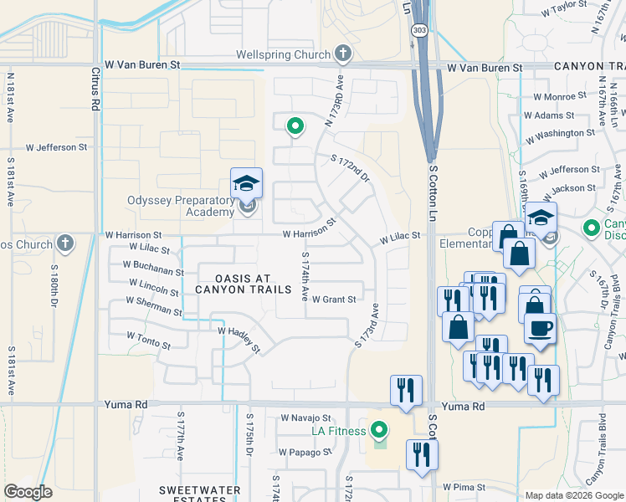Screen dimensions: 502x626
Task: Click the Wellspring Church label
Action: [x=283, y=55]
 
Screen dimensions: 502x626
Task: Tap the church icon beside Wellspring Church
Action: [x=342, y=55]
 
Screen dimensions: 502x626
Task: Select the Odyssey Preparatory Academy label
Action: [x=180, y=206]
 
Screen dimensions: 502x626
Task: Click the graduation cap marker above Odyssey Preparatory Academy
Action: [x=247, y=182]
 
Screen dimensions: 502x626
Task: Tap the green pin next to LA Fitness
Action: [x=379, y=431]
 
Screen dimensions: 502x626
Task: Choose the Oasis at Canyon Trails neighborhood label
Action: [x=244, y=284]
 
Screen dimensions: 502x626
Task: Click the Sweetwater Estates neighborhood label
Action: [x=201, y=494]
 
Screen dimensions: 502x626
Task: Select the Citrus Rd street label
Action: [x=94, y=91]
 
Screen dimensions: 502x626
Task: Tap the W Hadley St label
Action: [x=239, y=340]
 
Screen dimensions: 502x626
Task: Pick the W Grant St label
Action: [x=334, y=299]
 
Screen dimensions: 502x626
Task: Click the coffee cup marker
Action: [x=540, y=327]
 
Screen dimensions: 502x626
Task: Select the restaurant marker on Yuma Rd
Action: [x=407, y=390]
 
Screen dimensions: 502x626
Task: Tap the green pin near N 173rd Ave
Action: [x=295, y=127]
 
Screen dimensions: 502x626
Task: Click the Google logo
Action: [x=28, y=492]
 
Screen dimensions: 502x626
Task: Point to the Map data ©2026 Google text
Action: [x=573, y=495]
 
